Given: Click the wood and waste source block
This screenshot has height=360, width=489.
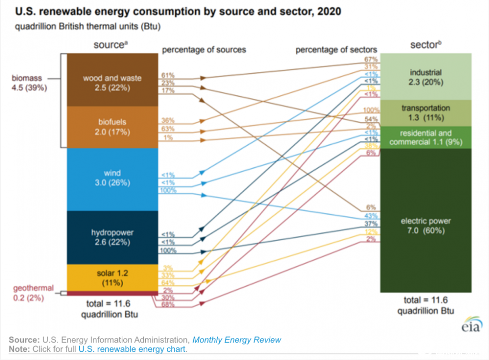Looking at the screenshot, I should pos(112,82).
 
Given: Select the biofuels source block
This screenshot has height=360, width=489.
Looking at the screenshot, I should pos(112,127).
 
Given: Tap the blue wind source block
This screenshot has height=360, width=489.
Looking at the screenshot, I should pos(112,178).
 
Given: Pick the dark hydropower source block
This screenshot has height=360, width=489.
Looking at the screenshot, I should pos(112,237).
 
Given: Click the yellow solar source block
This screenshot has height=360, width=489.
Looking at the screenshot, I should pos(112,278).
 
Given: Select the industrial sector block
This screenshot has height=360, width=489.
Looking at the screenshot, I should pos(426,77).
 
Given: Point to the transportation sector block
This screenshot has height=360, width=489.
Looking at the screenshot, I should pos(426,112).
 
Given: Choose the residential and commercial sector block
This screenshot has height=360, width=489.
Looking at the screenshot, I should pos(426,137).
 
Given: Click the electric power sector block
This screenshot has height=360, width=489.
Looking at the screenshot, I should pos(426,225).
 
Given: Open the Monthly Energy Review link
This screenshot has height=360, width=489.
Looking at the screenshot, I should pos(237,339).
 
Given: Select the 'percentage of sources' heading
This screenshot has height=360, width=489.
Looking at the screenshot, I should pos(204,49).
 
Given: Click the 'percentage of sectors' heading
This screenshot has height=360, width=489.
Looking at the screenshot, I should pos(336,49).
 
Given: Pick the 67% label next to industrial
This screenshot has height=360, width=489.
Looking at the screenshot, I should pos(370,59).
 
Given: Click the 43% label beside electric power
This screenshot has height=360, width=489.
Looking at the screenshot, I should pos(370,216).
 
